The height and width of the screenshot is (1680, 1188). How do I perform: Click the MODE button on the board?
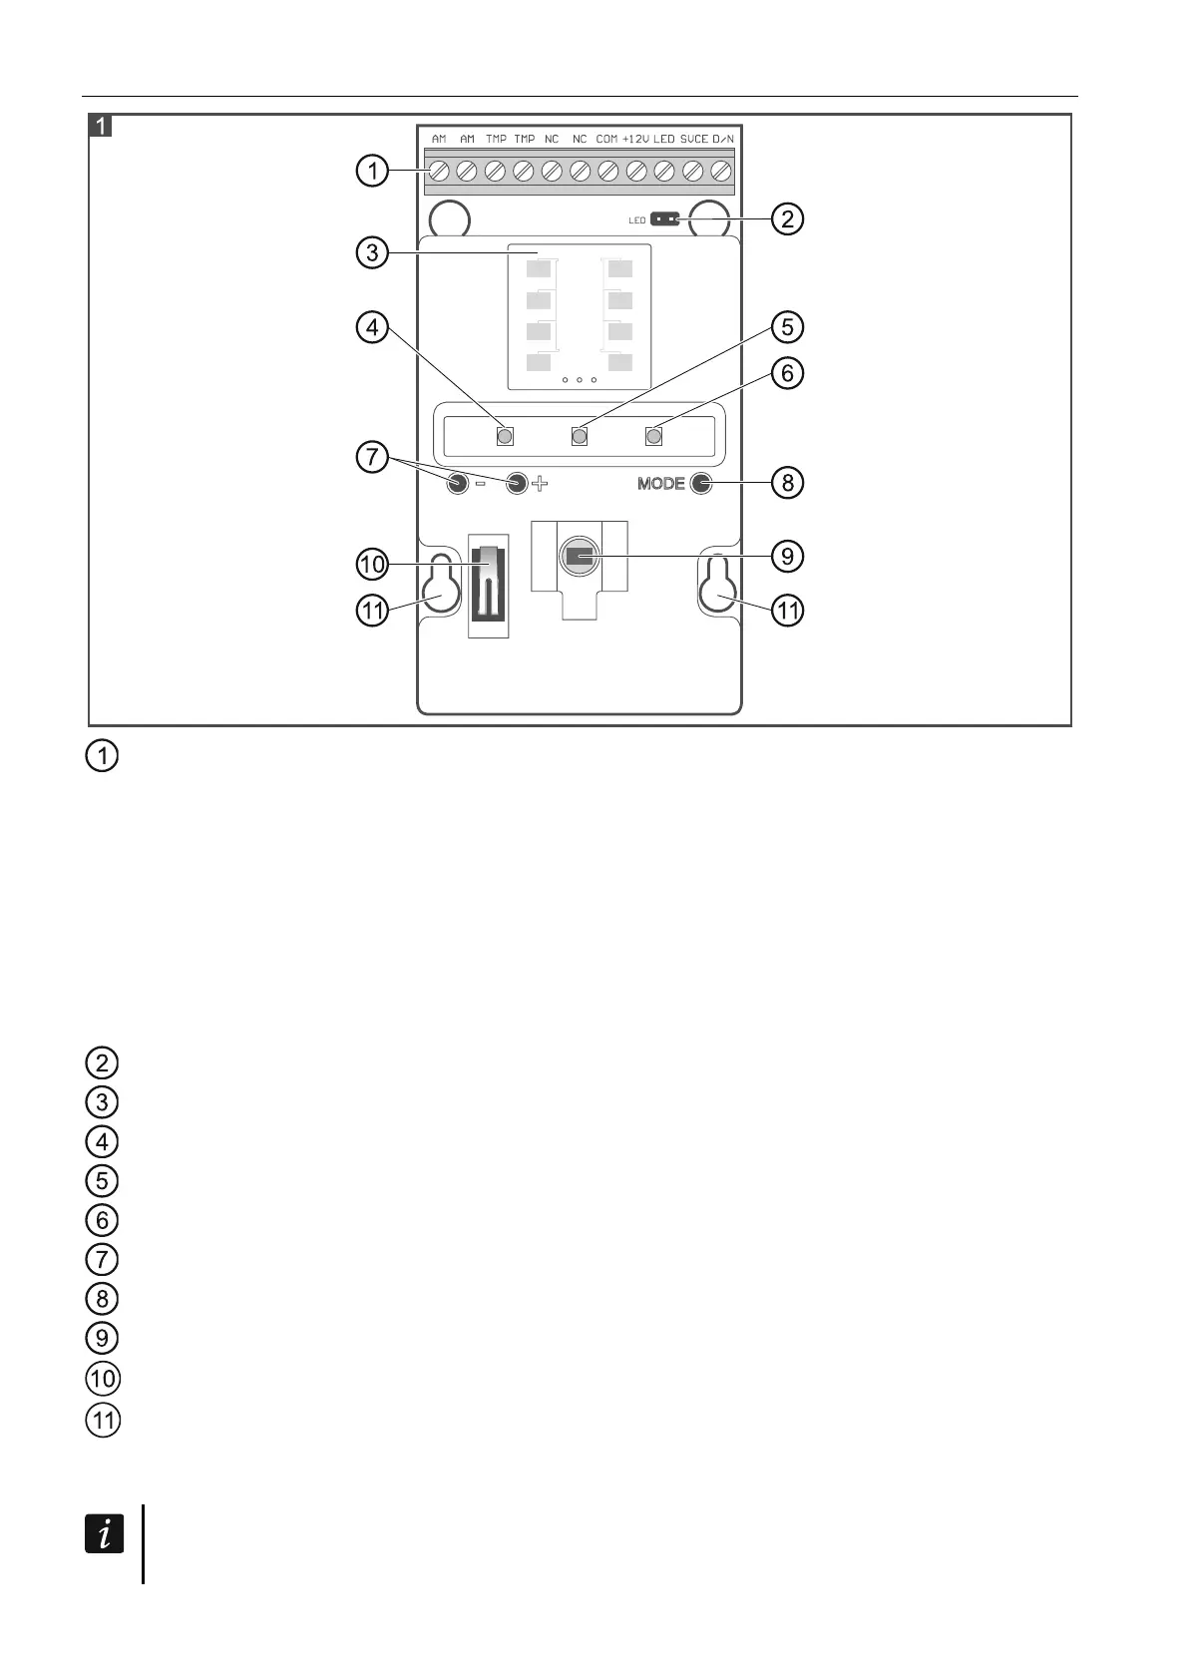[x=701, y=484]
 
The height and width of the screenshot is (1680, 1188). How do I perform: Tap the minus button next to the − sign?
[x=457, y=484]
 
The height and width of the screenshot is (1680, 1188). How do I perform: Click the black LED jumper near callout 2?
[x=664, y=218]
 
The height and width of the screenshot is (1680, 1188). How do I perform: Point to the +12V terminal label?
[x=635, y=139]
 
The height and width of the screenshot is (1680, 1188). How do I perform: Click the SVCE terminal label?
[x=694, y=139]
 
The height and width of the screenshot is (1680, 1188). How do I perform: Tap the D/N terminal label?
[x=723, y=139]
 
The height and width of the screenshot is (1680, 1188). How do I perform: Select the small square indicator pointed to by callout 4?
[x=505, y=436]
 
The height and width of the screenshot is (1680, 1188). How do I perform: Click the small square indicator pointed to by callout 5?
[x=580, y=436]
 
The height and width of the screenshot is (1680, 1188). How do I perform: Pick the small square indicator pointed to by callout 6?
[x=654, y=436]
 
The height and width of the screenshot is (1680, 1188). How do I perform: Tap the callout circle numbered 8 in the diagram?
[x=787, y=483]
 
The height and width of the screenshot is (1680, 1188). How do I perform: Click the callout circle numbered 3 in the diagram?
[x=372, y=252]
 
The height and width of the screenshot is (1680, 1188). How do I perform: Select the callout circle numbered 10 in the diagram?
[x=372, y=566]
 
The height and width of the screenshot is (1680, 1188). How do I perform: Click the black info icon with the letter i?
[x=104, y=1533]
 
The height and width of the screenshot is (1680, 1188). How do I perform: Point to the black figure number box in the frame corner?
[x=102, y=126]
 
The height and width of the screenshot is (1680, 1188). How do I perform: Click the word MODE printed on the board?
[x=660, y=484]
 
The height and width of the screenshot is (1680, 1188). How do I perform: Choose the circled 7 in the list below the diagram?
[x=103, y=1259]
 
